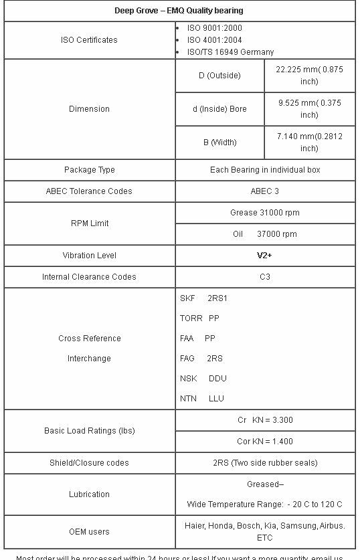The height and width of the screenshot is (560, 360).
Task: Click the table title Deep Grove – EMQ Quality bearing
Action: point(179,11)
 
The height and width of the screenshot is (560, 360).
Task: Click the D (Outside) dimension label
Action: point(219,76)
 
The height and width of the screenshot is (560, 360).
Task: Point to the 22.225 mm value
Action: point(309,76)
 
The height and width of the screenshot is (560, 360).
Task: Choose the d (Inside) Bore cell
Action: point(219,109)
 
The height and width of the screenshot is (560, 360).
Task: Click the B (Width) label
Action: point(219,143)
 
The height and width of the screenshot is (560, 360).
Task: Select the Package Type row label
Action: point(89,170)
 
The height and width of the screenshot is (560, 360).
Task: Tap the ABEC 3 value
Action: point(265,191)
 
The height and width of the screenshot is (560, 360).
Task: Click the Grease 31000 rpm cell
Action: point(265,213)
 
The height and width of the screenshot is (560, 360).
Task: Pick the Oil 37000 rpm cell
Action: point(265,234)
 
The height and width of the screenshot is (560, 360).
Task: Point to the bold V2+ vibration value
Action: point(265,256)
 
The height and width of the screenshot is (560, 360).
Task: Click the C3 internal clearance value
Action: point(265,277)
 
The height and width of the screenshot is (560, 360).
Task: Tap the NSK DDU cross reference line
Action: point(203,379)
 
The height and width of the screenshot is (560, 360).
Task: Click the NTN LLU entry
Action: point(201,399)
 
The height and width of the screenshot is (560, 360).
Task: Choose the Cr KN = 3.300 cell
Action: point(265,420)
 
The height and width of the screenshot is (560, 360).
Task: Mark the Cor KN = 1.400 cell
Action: point(265,442)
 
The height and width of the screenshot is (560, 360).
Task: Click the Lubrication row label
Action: point(89,494)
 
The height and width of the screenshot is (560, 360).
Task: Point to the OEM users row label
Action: point(89,532)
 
